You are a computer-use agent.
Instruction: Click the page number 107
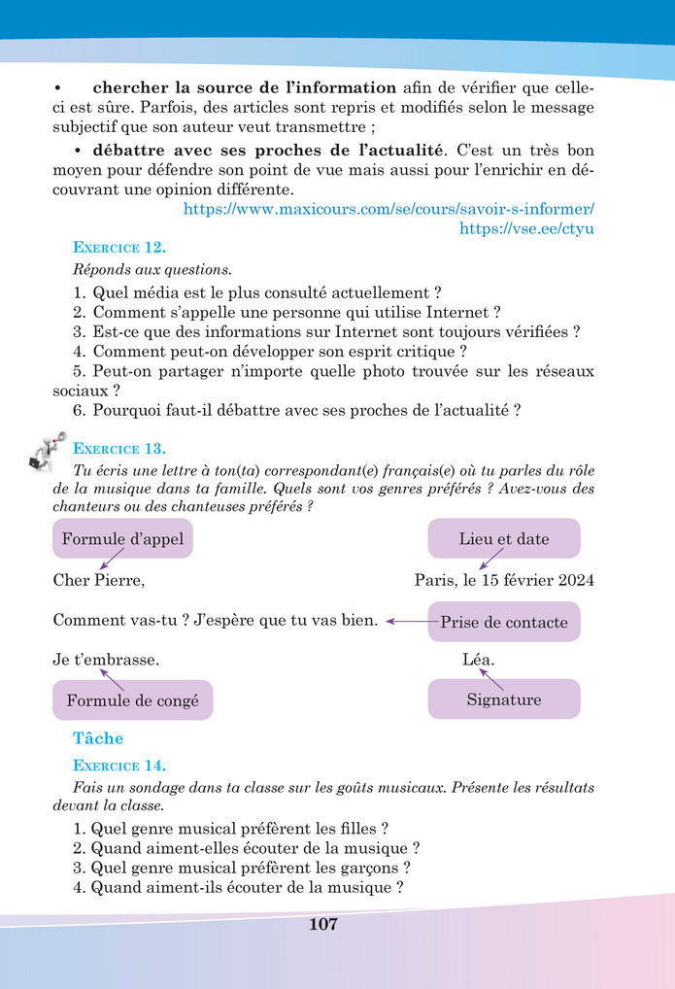pos(322,924)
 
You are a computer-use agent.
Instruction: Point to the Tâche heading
pos(98,738)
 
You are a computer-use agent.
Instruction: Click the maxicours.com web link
pos(388,209)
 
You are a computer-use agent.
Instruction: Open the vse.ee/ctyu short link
pos(526,229)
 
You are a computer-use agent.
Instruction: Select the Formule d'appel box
pos(122,538)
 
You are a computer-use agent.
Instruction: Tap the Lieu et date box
pos(503,538)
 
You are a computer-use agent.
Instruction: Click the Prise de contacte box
pos(503,622)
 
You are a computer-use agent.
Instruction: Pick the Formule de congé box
pos(132,699)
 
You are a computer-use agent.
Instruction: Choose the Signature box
pos(503,699)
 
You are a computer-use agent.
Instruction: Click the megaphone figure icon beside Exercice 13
pos(43,451)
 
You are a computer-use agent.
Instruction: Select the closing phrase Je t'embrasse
pos(106,661)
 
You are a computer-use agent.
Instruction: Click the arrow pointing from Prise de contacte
pos(409,622)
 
